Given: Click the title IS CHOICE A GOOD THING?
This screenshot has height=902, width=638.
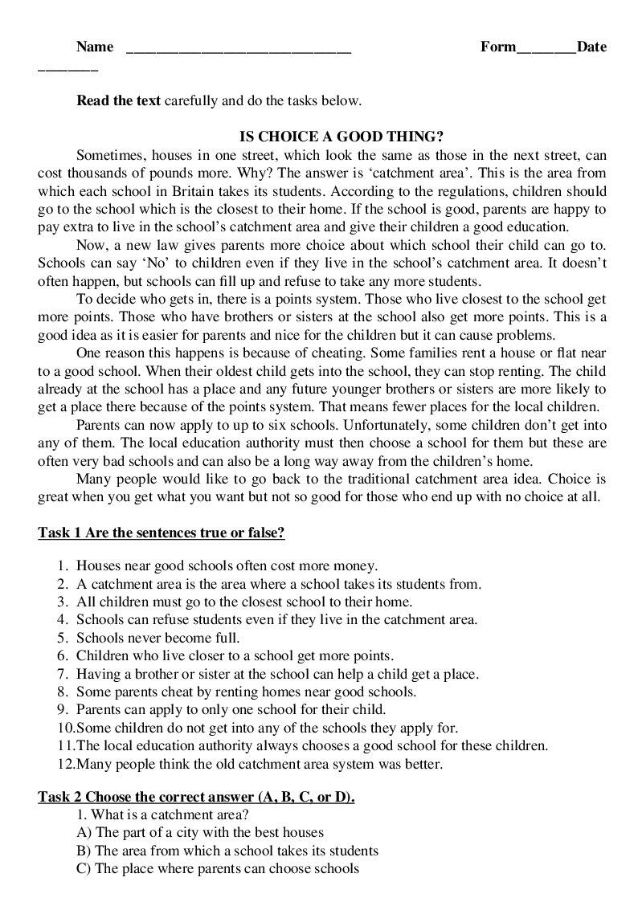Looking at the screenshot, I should pyautogui.click(x=342, y=137).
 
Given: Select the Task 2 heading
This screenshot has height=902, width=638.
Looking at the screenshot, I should pyautogui.click(x=197, y=797).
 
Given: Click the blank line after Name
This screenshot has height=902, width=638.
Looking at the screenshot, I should pyautogui.click(x=239, y=47).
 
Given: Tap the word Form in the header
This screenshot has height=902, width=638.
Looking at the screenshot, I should pyautogui.click(x=498, y=47).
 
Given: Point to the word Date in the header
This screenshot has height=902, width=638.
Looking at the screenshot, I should pyautogui.click(x=591, y=47).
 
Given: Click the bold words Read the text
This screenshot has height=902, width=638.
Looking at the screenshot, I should pyautogui.click(x=119, y=101).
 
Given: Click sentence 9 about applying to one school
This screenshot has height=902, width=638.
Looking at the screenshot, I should pyautogui.click(x=231, y=710).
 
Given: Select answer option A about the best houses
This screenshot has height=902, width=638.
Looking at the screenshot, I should pyautogui.click(x=200, y=832).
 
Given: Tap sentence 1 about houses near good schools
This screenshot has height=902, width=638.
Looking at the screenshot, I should pyautogui.click(x=227, y=565).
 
